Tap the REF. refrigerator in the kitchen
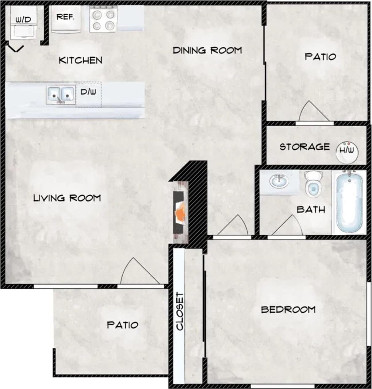coord(66,19)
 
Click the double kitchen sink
coord(60,94)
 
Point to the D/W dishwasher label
coord(88,92)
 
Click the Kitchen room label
coord(80,60)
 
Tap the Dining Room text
coord(207,50)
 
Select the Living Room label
coord(67,198)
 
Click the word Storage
coord(305,147)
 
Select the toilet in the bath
coord(313,184)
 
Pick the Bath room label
coord(311,210)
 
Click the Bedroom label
coord(288,309)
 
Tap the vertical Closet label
coord(180,311)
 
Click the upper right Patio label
coord(320,56)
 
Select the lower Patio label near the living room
coord(122,325)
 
